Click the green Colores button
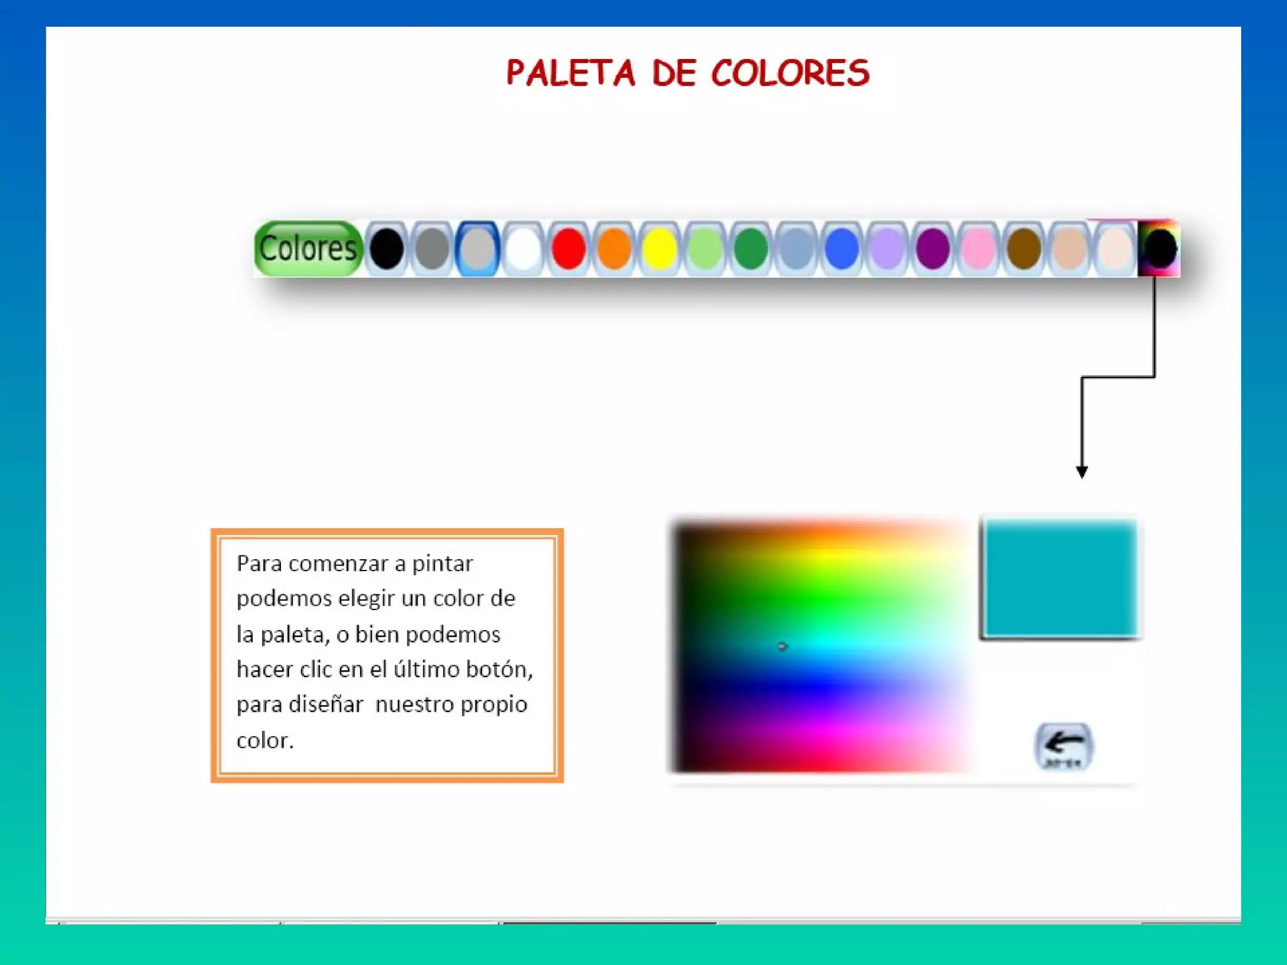(x=308, y=249)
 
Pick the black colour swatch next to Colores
(x=386, y=249)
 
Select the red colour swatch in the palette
(x=569, y=249)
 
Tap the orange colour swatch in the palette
(x=614, y=249)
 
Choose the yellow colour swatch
(x=659, y=249)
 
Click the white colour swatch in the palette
(x=523, y=249)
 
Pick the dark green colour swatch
(x=750, y=249)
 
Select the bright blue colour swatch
(x=841, y=249)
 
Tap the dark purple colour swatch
(x=933, y=249)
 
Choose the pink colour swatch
(x=978, y=249)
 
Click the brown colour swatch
(x=1024, y=249)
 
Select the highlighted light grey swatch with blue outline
(x=478, y=249)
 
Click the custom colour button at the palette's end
(x=1159, y=249)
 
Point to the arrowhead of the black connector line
(x=1082, y=472)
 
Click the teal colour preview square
(x=1060, y=578)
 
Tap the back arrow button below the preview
(x=1063, y=746)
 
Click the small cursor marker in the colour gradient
(x=782, y=646)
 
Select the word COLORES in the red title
(x=791, y=73)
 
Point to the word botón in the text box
(x=498, y=670)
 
